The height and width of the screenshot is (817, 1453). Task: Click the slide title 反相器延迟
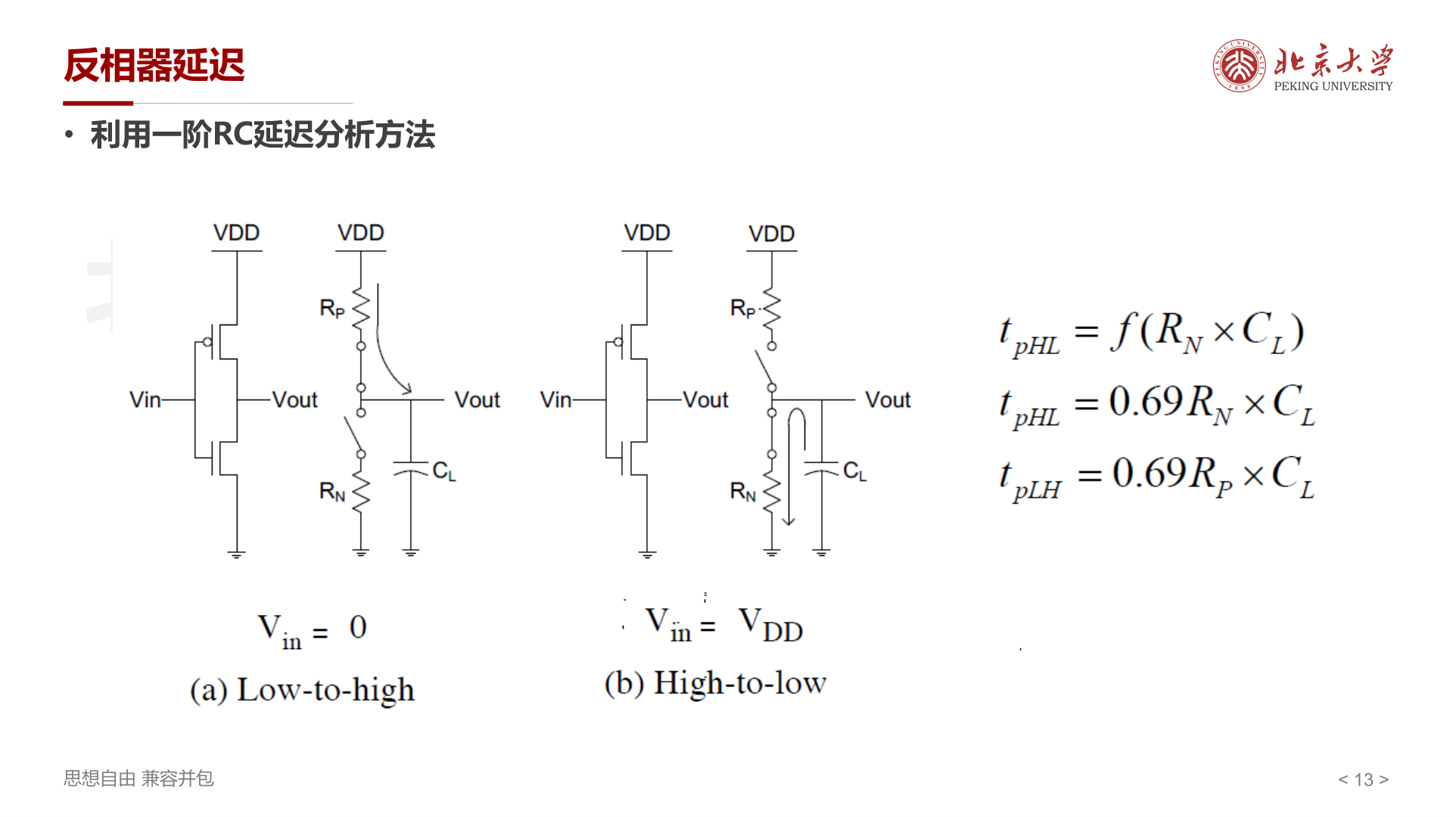click(x=154, y=65)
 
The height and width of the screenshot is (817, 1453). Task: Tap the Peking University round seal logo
click(x=1239, y=66)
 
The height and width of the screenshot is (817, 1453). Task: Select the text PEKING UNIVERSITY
click(x=1333, y=86)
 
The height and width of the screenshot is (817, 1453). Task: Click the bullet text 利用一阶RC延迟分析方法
click(x=263, y=135)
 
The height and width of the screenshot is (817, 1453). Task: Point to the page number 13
click(x=1364, y=779)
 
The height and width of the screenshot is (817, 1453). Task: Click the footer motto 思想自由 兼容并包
click(x=138, y=778)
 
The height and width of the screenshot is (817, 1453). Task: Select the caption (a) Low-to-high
click(x=302, y=690)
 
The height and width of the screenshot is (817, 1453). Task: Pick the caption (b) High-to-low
click(x=715, y=683)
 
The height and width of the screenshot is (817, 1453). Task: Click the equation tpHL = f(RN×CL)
click(x=1152, y=333)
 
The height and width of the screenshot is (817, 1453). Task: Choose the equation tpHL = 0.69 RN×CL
click(x=1157, y=405)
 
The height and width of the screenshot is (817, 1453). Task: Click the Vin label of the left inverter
click(x=145, y=399)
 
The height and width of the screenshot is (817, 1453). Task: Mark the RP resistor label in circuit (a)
click(x=332, y=308)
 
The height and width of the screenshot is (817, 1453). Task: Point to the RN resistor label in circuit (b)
click(x=743, y=492)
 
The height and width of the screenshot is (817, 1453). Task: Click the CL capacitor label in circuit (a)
click(x=444, y=471)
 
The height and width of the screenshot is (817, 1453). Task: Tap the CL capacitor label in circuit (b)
click(x=854, y=471)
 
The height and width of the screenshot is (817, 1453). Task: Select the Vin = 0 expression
click(x=312, y=630)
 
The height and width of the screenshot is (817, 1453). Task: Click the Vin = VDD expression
click(x=724, y=624)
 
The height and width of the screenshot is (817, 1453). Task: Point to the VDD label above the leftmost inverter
click(x=237, y=233)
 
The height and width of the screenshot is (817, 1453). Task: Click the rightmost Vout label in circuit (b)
click(x=888, y=399)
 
